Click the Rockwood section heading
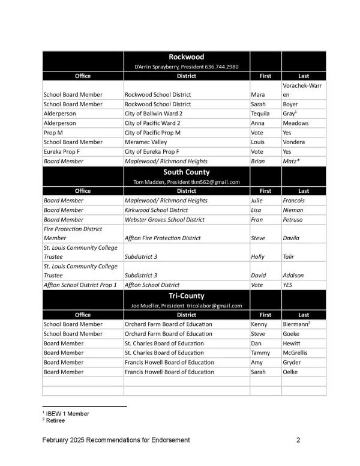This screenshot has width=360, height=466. point(186,57)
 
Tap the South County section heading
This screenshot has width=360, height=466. point(186,172)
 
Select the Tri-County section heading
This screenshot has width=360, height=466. point(186,296)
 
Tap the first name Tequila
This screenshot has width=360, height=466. point(261,113)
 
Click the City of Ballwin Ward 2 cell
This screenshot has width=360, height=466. point(154,113)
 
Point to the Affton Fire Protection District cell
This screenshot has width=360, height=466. point(163,238)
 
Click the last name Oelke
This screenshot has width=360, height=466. point(290,372)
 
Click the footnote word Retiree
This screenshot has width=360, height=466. point(56,420)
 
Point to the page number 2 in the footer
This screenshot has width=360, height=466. point(298,441)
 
